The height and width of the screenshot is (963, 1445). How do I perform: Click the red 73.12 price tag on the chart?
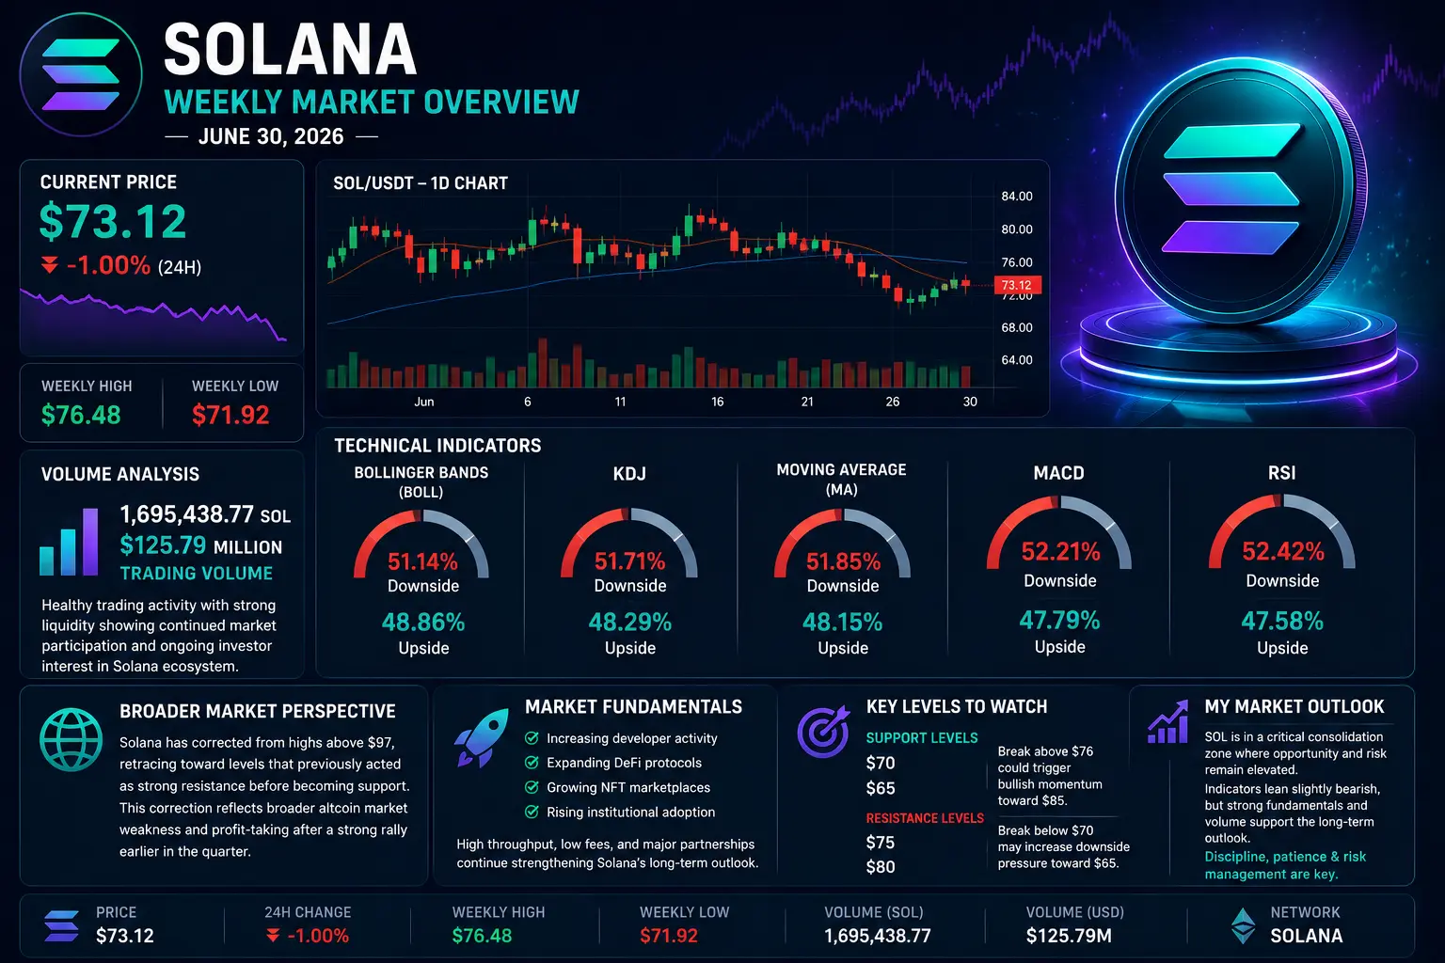pos(1017,284)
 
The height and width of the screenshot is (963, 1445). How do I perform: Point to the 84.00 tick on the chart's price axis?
pos(1017,197)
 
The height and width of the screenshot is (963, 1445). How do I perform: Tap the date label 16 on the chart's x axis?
pos(718,402)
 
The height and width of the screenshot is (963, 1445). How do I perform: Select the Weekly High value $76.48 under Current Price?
pos(81,415)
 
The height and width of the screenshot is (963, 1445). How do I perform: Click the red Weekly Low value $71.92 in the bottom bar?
pos(669,936)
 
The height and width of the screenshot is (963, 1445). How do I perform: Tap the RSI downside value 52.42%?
pos(1283,551)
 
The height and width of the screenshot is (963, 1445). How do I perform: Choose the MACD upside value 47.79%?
pos(1059,621)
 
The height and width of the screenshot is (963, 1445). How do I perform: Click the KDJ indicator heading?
pos(629,474)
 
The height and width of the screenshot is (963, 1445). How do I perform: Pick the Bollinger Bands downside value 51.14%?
pos(422,561)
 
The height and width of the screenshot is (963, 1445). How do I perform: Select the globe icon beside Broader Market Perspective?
pos(71,740)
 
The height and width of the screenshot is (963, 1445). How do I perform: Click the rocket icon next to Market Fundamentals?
pos(482,737)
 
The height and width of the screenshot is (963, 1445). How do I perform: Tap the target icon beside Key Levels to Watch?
pos(824,731)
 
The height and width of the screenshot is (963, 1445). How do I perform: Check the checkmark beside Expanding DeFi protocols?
pos(532,763)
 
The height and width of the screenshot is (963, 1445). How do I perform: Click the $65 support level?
pos(881,788)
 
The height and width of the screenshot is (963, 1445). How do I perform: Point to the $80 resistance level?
pos(881,867)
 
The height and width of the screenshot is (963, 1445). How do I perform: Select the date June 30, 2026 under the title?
pos(271,136)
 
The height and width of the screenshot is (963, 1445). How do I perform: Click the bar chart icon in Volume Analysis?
pos(69,542)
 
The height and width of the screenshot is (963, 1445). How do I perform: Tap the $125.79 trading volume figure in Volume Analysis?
pos(163,545)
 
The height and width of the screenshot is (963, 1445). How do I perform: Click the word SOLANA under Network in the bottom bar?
pos(1307,936)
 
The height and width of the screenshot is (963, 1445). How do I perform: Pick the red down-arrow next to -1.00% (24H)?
pos(50,264)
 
